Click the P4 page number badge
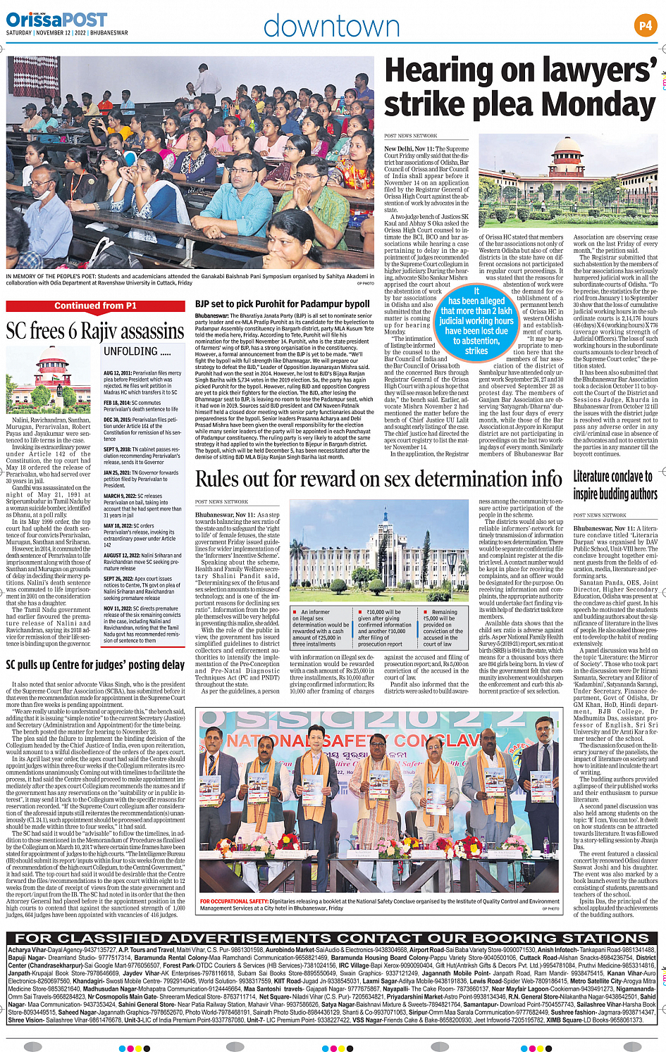pyautogui.click(x=645, y=26)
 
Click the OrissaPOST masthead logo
pyautogui.click(x=56, y=19)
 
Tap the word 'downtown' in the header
pyautogui.click(x=331, y=26)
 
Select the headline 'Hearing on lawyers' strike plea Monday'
pyautogui.click(x=520, y=87)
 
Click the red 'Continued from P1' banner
pyautogui.click(x=96, y=306)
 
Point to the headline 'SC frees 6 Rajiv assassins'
pyautogui.click(x=95, y=331)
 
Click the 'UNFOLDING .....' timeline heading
pyautogui.click(x=137, y=351)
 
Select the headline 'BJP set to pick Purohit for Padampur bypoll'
pyautogui.click(x=282, y=304)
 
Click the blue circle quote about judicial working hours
pyautogui.click(x=476, y=320)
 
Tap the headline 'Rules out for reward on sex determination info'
pyautogui.click(x=378, y=479)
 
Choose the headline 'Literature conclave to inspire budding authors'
pyautogui.click(x=615, y=484)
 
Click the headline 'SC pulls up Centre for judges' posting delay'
pyautogui.click(x=95, y=665)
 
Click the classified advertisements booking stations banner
pyautogui.click(x=332, y=938)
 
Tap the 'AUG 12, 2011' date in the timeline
pyautogui.click(x=118, y=373)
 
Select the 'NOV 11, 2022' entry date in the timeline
pyautogui.click(x=119, y=608)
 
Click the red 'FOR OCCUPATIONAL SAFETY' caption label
pyautogui.click(x=233, y=901)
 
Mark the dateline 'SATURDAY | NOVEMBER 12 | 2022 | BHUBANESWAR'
pyautogui.click(x=67, y=33)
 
